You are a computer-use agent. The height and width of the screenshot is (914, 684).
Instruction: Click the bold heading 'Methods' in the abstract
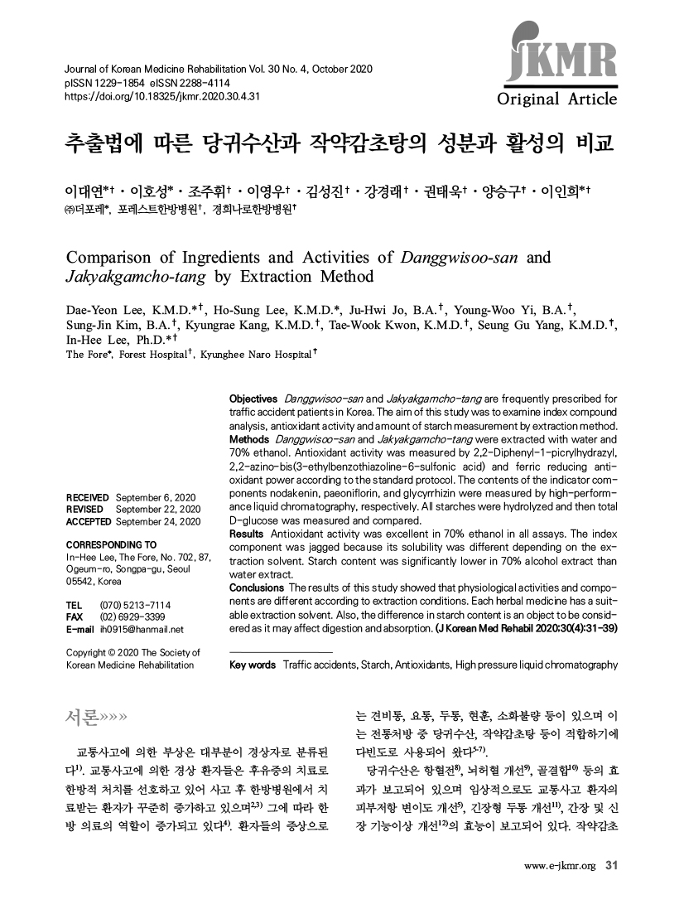(x=248, y=438)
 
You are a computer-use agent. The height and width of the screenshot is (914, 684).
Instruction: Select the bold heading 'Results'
(x=246, y=534)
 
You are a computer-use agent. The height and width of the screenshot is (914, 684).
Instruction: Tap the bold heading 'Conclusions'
(x=257, y=588)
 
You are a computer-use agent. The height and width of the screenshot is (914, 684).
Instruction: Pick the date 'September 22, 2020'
(x=159, y=509)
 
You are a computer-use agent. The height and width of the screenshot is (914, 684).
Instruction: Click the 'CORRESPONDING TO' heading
(x=111, y=544)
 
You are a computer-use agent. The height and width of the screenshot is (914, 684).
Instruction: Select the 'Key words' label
(x=252, y=665)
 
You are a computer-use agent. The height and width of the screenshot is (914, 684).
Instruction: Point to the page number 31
(x=613, y=867)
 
